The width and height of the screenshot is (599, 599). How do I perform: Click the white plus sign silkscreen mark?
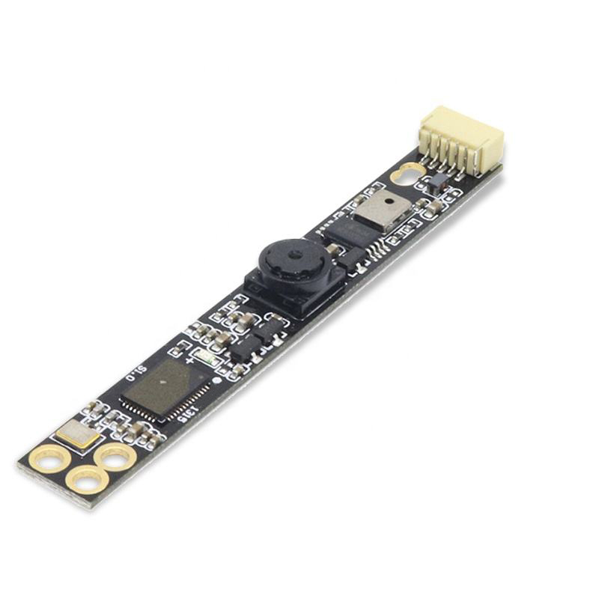pyautogui.click(x=190, y=360)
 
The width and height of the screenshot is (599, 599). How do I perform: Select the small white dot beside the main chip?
pyautogui.click(x=216, y=380)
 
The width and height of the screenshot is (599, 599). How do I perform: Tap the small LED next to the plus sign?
pyautogui.click(x=204, y=358)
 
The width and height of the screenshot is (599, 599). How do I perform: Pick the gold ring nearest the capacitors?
pyautogui.click(x=116, y=455)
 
